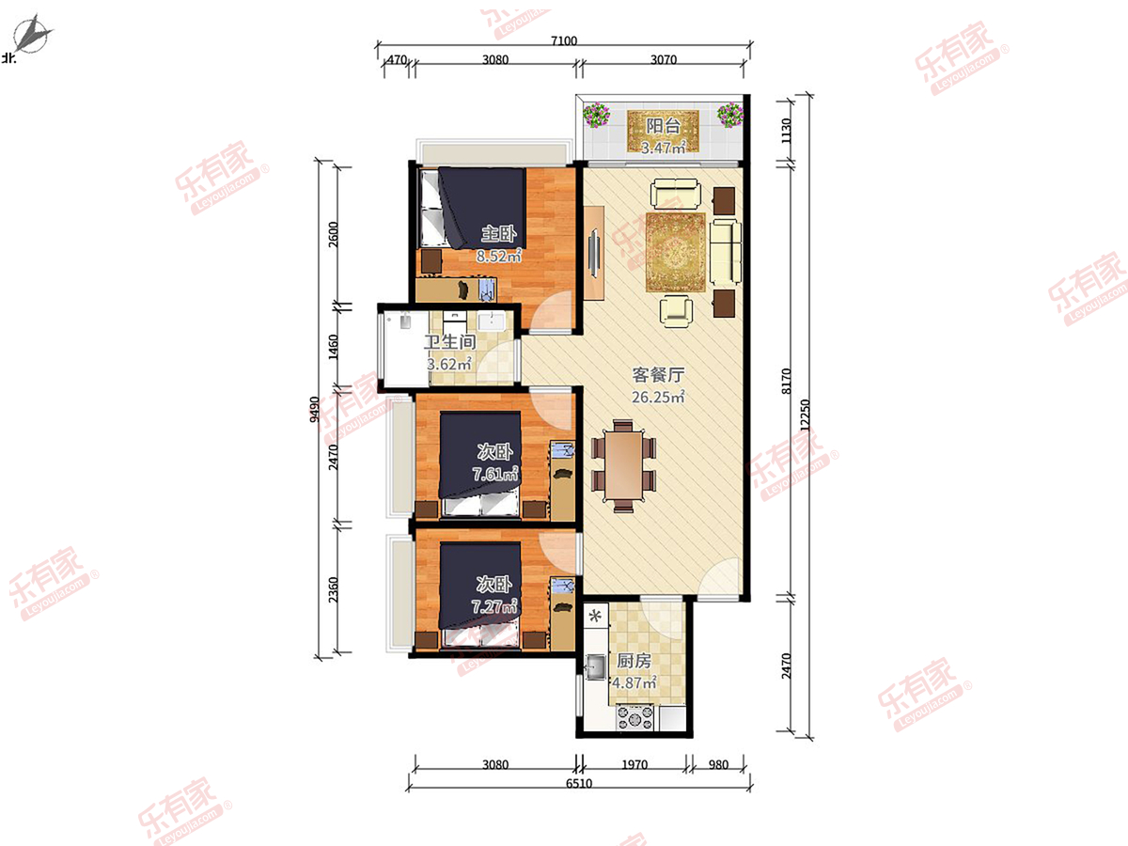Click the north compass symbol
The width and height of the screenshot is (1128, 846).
tap(33, 35)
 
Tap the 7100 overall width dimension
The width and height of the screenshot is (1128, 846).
tap(564, 40)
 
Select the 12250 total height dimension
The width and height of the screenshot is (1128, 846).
tap(806, 415)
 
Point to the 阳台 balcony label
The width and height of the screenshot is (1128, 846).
tap(663, 126)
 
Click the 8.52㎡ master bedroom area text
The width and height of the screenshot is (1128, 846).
tap(498, 256)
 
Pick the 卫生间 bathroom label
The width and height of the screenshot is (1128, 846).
tap(449, 342)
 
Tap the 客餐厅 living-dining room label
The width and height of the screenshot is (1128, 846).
tap(658, 375)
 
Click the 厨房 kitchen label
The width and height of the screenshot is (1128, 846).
tap(634, 661)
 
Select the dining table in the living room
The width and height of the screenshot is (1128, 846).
tap(623, 466)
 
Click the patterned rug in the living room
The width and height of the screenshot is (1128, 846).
tap(675, 252)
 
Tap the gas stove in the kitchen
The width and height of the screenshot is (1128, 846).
tap(635, 717)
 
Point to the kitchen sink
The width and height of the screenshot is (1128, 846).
tap(596, 666)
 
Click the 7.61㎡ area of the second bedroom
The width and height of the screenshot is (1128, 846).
tap(495, 474)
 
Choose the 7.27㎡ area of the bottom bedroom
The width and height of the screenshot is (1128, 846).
tap(494, 606)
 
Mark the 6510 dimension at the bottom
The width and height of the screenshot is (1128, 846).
tap(579, 783)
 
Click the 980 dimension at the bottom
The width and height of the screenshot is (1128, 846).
tap(718, 765)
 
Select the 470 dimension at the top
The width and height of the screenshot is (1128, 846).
tap(397, 59)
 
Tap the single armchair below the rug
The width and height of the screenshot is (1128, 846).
tap(676, 310)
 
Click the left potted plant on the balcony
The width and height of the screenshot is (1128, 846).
tap(596, 115)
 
